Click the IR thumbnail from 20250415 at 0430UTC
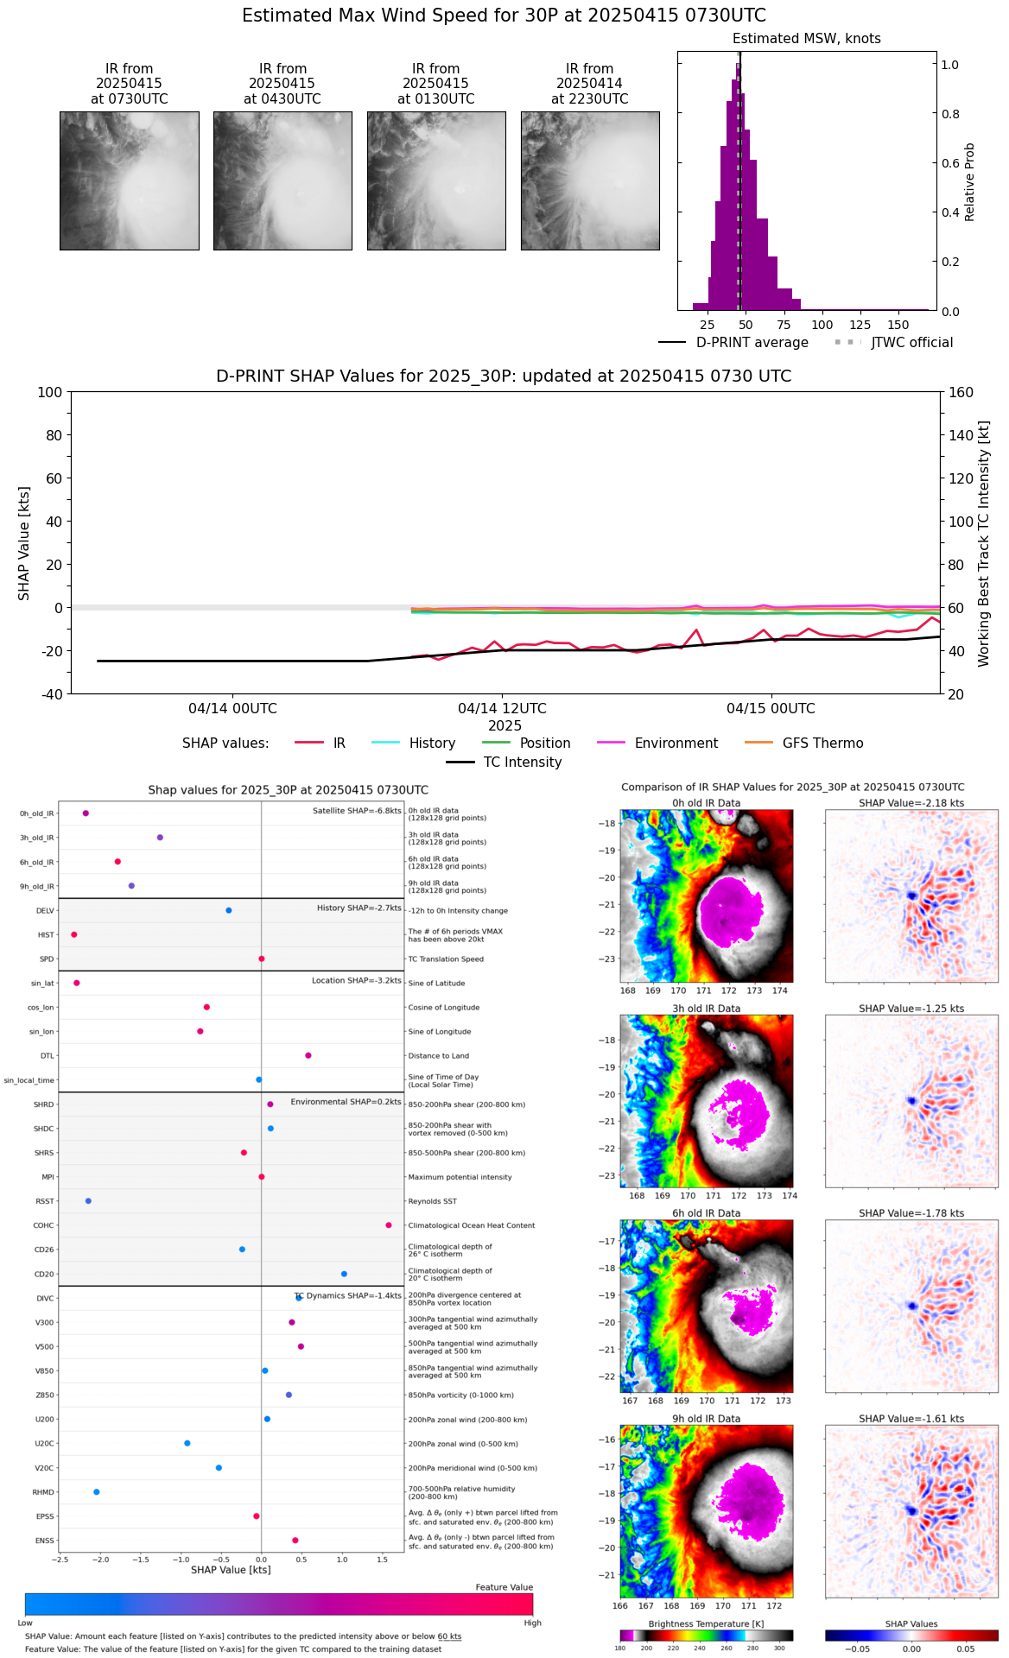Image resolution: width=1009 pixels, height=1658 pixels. tap(282, 180)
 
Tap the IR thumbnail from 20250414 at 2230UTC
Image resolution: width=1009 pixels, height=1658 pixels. tap(590, 180)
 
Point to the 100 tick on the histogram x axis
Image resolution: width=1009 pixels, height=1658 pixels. tap(822, 325)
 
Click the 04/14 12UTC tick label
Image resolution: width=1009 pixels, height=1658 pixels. tap(502, 709)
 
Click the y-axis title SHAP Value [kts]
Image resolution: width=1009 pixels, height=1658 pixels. tap(24, 543)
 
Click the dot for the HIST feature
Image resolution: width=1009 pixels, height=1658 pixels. tap(74, 934)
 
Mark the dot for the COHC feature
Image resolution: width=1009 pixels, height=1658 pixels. tap(389, 1225)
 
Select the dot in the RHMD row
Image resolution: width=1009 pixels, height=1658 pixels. tap(97, 1492)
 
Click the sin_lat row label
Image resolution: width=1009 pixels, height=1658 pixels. tap(42, 984)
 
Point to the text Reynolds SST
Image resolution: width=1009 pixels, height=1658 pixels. tap(433, 1201)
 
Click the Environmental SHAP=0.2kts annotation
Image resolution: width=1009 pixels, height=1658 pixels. tap(346, 1102)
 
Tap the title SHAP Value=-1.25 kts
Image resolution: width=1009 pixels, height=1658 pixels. tap(911, 1009)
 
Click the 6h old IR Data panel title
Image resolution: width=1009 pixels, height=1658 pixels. tap(706, 1213)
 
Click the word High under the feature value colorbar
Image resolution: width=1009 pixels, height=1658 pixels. tap(532, 1623)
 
